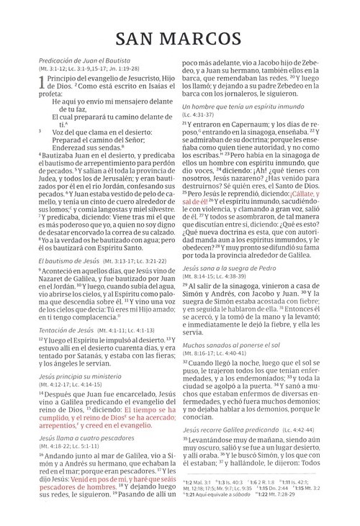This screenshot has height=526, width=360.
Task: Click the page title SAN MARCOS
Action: click(x=180, y=37)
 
